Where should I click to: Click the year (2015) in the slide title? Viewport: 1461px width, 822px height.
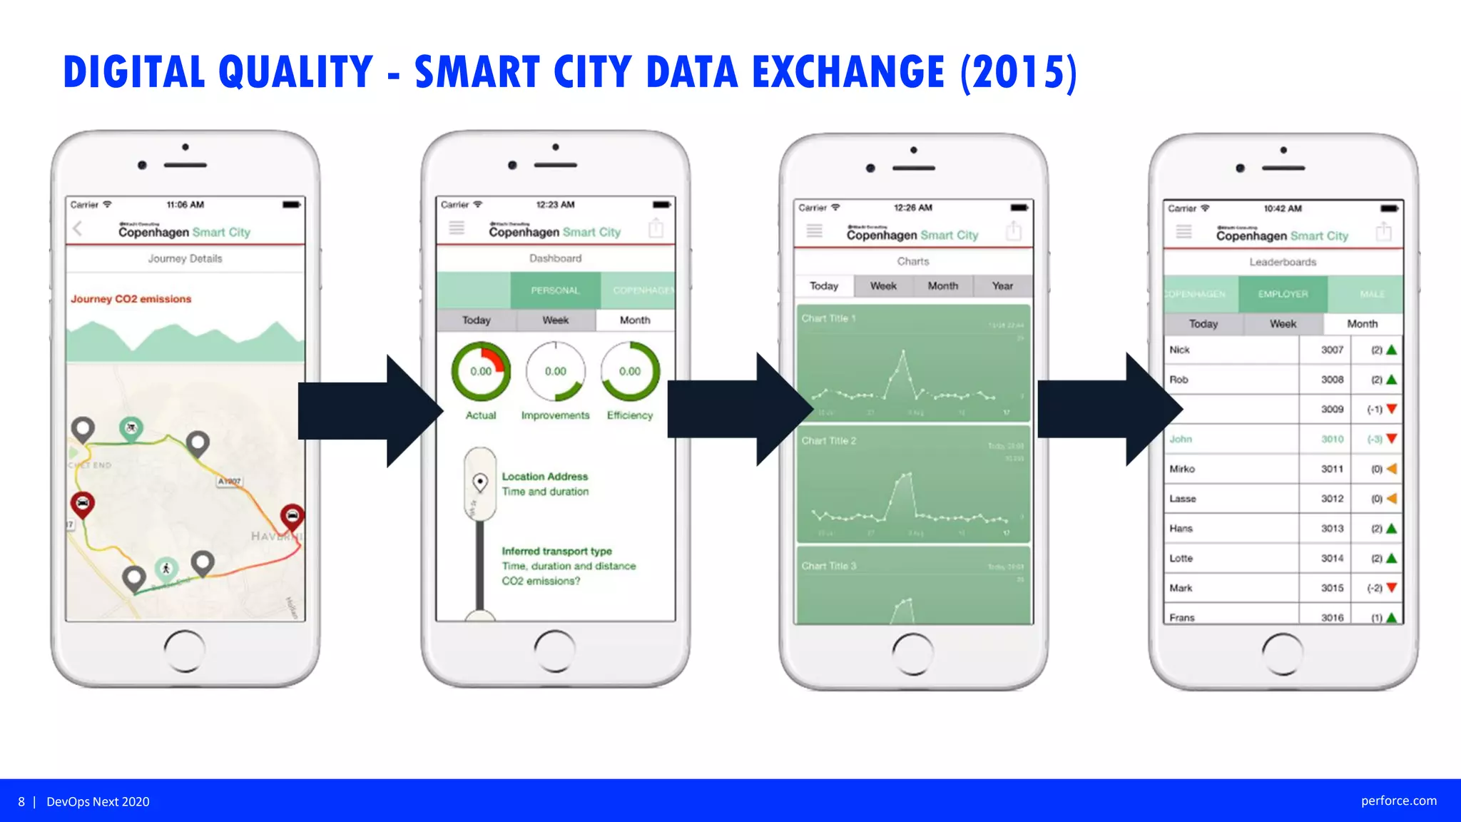click(1018, 72)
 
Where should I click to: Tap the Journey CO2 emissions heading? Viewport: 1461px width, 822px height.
click(131, 299)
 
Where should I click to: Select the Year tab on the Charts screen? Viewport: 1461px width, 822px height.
click(1002, 286)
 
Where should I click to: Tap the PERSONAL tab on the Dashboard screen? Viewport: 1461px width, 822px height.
click(555, 290)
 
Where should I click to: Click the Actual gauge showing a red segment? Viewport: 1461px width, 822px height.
click(481, 371)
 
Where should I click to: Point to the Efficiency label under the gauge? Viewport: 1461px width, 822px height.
click(630, 415)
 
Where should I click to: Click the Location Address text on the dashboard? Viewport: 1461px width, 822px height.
click(545, 477)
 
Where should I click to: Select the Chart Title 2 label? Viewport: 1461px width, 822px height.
click(828, 441)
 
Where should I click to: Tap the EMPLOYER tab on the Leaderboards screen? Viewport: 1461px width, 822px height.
click(1283, 294)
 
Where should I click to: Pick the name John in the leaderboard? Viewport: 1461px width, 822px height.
click(1181, 439)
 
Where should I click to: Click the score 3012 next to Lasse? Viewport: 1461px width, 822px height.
click(1332, 499)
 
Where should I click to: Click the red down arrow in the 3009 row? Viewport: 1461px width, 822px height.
click(1391, 409)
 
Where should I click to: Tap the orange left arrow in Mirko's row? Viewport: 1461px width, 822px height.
click(1391, 469)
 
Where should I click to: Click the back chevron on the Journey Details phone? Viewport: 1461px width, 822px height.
click(78, 229)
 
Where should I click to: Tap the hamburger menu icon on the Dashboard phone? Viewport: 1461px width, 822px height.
click(457, 228)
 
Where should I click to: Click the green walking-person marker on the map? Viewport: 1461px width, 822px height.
click(166, 569)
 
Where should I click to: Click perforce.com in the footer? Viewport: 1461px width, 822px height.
click(1398, 801)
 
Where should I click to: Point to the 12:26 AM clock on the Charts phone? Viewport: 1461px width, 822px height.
click(912, 208)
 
